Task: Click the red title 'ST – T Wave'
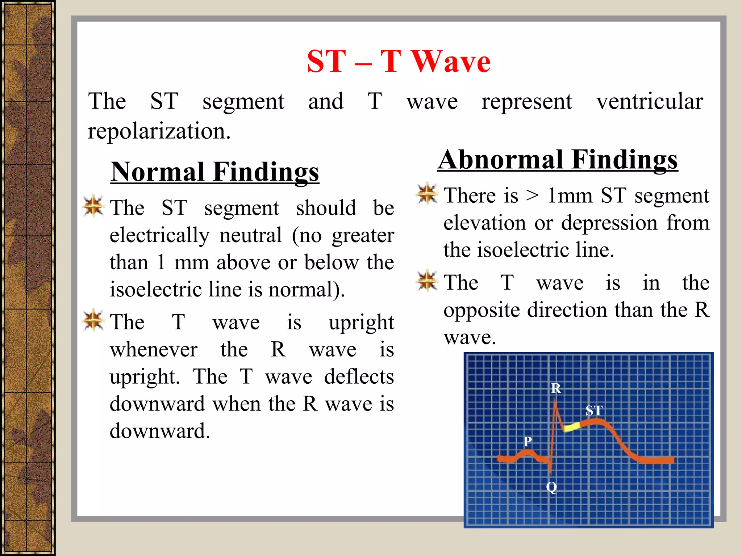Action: (x=399, y=62)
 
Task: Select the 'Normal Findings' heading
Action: (x=215, y=172)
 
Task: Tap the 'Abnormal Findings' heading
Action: (x=558, y=160)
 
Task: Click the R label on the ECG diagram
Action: (x=556, y=388)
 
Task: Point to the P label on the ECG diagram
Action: (x=528, y=441)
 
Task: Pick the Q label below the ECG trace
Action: (x=551, y=487)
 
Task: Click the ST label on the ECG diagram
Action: (x=594, y=410)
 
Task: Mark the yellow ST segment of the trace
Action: (x=572, y=427)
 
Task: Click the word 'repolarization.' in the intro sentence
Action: (x=159, y=131)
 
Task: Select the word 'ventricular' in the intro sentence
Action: (x=650, y=101)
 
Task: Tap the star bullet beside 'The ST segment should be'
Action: (x=93, y=206)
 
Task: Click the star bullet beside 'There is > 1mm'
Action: (x=427, y=194)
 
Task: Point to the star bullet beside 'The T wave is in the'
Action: (x=427, y=281)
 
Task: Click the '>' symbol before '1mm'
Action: (x=532, y=196)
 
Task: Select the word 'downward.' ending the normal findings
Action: (x=160, y=431)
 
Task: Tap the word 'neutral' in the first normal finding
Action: (x=250, y=235)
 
